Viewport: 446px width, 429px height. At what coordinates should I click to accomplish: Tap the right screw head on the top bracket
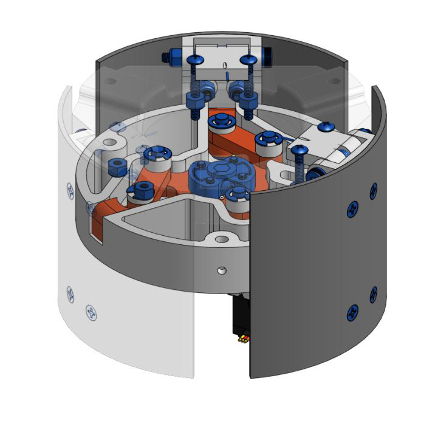(249, 60)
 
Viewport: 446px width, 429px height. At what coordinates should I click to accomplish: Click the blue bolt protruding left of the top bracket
(169, 58)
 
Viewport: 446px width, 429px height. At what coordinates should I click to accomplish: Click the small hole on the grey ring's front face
(221, 269)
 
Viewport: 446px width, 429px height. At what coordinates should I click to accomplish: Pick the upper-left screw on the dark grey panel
(352, 210)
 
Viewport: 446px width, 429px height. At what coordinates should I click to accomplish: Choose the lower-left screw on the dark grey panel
(351, 313)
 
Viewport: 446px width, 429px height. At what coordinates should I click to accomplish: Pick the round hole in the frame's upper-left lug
(110, 143)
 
